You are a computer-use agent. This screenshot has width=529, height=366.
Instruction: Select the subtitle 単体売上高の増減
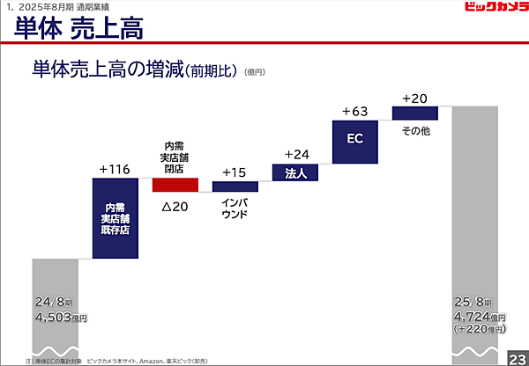point(107,69)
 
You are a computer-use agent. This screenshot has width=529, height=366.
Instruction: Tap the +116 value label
point(115,167)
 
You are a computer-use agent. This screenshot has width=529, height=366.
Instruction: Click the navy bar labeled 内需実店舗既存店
point(115,218)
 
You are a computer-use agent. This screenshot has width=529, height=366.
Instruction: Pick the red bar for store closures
point(175,185)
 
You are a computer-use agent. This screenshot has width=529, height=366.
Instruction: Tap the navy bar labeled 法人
point(295,172)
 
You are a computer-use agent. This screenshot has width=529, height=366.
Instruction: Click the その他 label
point(415,130)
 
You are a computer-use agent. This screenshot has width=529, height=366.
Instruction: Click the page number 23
point(516,357)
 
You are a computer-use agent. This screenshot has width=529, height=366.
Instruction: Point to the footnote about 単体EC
point(132,361)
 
